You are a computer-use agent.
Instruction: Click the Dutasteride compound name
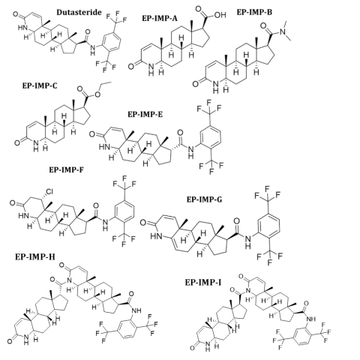(79, 12)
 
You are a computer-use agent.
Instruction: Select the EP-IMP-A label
(160, 19)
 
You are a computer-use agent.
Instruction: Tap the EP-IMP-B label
(254, 12)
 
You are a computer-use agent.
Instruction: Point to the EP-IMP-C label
(40, 85)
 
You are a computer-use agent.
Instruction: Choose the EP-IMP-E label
(145, 114)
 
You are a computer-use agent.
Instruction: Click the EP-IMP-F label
(67, 170)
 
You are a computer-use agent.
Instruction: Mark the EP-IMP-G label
(204, 199)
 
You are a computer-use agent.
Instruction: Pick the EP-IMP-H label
(35, 257)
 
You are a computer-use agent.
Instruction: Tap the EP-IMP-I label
(203, 283)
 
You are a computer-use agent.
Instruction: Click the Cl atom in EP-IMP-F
(49, 192)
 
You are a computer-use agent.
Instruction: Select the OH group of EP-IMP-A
(220, 15)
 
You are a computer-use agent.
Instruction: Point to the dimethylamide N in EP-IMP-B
(283, 31)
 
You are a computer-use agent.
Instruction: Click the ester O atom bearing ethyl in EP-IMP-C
(97, 94)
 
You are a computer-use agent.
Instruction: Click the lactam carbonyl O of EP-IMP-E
(92, 135)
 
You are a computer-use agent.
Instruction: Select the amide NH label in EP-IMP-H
(136, 310)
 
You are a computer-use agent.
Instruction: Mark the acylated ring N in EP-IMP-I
(247, 291)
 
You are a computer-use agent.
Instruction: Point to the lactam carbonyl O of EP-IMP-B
(196, 84)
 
